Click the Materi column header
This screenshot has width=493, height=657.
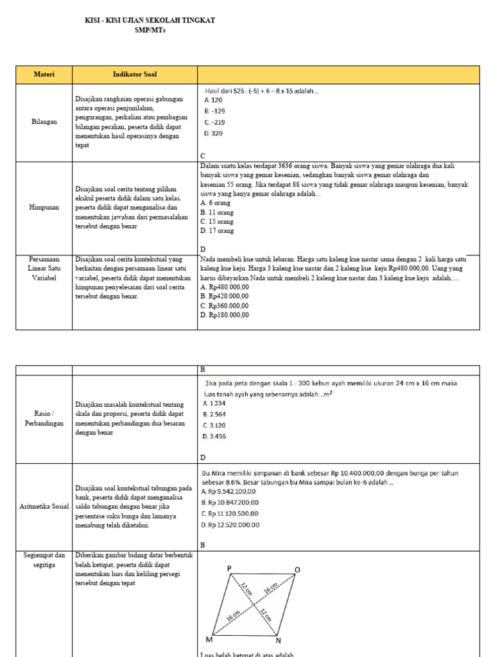point(44,74)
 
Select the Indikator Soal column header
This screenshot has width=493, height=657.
point(135,74)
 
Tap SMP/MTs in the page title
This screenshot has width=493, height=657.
point(150,30)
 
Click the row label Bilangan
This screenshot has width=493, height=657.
point(44,121)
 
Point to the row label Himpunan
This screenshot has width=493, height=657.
point(44,207)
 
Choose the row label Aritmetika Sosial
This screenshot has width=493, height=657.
point(44,507)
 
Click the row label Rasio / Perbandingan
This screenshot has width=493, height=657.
point(44,418)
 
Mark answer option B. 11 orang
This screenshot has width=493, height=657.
point(217,212)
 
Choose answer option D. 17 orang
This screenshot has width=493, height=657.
point(217,230)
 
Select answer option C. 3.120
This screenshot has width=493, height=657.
point(214,425)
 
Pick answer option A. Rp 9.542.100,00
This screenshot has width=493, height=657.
point(229,491)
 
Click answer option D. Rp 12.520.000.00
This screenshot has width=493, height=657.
point(230,525)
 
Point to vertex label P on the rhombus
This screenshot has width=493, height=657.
point(229,568)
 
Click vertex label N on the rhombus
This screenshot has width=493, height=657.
point(278,640)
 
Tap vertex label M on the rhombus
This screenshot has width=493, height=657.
point(209,640)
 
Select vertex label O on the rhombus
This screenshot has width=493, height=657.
point(297,570)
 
